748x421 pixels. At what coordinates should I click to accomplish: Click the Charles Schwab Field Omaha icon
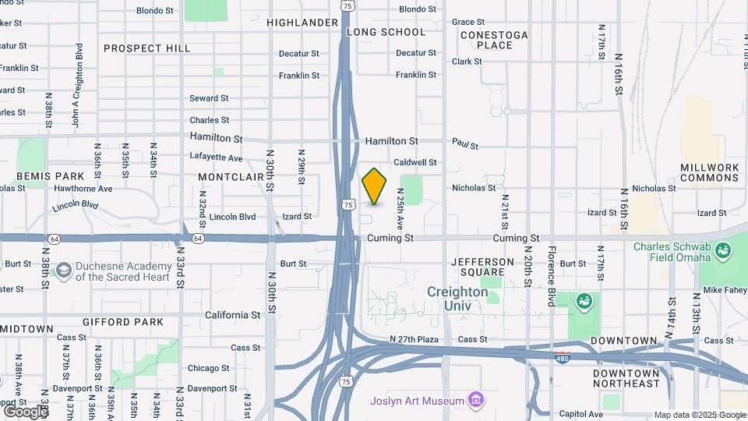click(x=723, y=250)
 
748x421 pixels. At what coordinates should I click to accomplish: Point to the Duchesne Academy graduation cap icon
click(x=63, y=271)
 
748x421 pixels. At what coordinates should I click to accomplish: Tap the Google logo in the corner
click(x=25, y=411)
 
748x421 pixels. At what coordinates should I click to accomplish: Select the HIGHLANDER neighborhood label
click(x=302, y=23)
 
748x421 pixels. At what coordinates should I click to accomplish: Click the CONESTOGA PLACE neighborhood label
click(x=494, y=40)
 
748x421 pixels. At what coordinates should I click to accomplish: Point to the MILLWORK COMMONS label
click(x=709, y=172)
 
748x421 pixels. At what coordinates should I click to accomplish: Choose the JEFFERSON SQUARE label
click(x=482, y=267)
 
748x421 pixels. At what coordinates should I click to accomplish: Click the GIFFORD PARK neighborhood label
click(x=123, y=322)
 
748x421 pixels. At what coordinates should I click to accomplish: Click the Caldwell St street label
click(x=415, y=162)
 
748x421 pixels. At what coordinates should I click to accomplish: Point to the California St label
click(x=232, y=315)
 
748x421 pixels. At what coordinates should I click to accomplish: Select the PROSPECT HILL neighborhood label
click(x=147, y=48)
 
